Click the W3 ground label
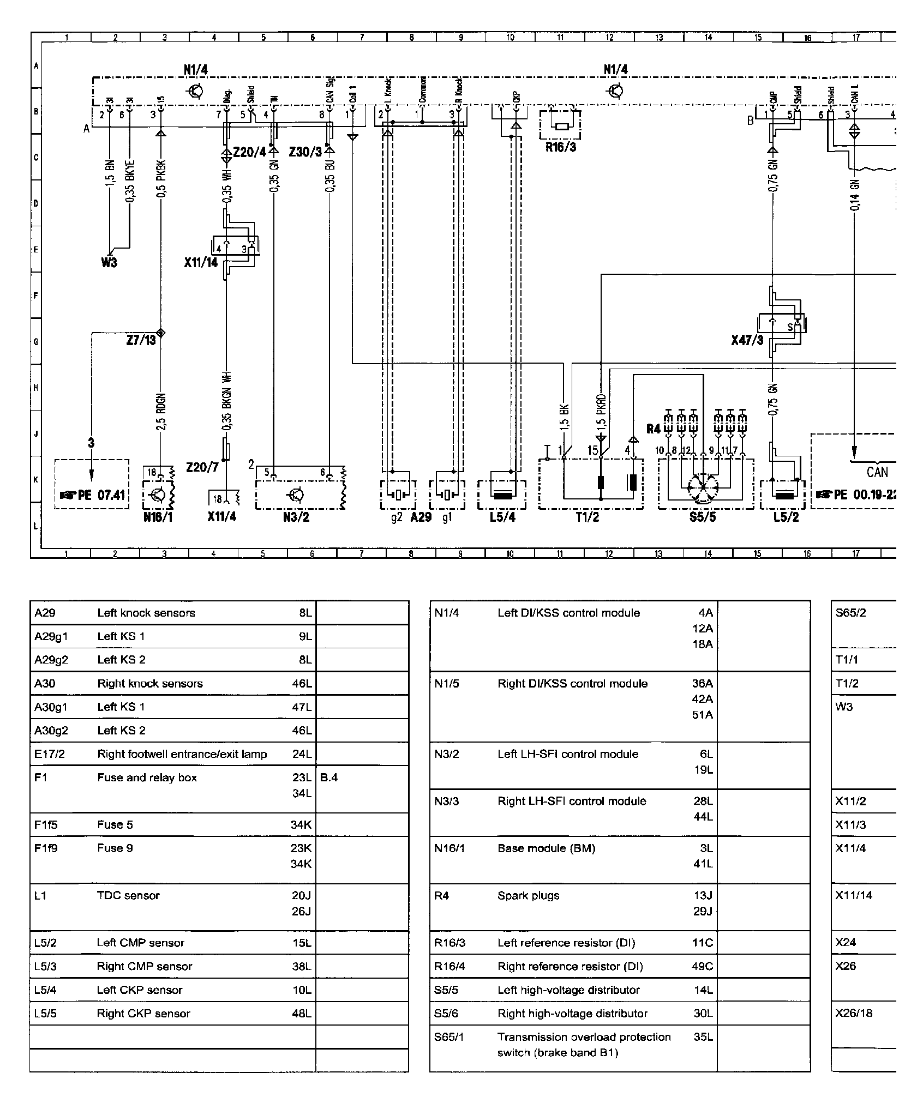click(x=109, y=263)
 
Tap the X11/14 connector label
click(x=200, y=263)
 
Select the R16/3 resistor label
click(x=561, y=147)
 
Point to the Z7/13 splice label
click(x=141, y=340)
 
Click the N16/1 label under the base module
click(x=158, y=517)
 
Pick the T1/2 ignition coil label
click(x=587, y=517)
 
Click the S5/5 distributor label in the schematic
click(x=702, y=517)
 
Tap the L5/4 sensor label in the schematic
click(x=502, y=517)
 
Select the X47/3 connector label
click(x=747, y=341)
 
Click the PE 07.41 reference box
click(x=92, y=495)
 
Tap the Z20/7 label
click(x=202, y=467)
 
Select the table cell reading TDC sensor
click(x=129, y=895)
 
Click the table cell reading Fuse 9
click(x=115, y=848)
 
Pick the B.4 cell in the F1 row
click(x=329, y=777)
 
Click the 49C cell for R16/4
click(x=702, y=966)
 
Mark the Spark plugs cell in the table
click(x=528, y=895)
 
